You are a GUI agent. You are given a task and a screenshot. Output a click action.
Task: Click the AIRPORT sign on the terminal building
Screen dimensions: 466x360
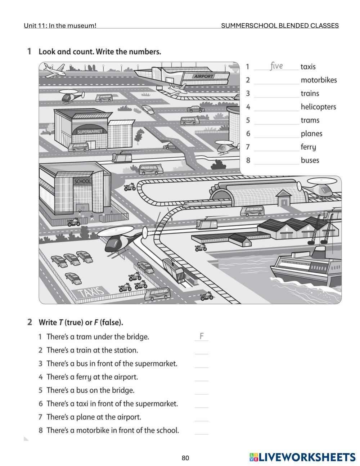click(x=203, y=76)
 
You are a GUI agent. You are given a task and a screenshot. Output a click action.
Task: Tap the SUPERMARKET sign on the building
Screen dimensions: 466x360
click(x=90, y=131)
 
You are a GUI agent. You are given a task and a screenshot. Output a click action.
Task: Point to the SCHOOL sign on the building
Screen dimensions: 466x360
click(x=82, y=182)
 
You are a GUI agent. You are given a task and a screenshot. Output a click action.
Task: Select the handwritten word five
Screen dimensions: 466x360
click(x=276, y=66)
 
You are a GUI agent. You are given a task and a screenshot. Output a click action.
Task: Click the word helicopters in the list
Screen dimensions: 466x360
click(x=318, y=107)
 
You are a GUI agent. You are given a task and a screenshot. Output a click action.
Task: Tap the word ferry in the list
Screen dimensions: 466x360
click(x=308, y=147)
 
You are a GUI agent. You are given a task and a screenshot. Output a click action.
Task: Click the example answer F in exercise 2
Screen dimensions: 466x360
click(x=202, y=336)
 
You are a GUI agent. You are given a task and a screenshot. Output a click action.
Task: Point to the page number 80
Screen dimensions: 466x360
click(x=185, y=458)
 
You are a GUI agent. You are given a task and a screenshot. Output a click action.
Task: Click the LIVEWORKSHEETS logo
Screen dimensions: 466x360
click(x=302, y=457)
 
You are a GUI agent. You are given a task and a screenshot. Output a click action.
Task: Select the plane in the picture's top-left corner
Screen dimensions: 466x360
click(x=53, y=70)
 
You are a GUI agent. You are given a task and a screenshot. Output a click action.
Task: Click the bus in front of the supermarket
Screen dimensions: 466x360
click(x=78, y=147)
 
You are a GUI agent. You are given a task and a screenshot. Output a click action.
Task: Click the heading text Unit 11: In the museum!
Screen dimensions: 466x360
click(x=60, y=26)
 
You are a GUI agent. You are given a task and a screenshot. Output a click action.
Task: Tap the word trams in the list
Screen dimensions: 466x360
click(x=310, y=120)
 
